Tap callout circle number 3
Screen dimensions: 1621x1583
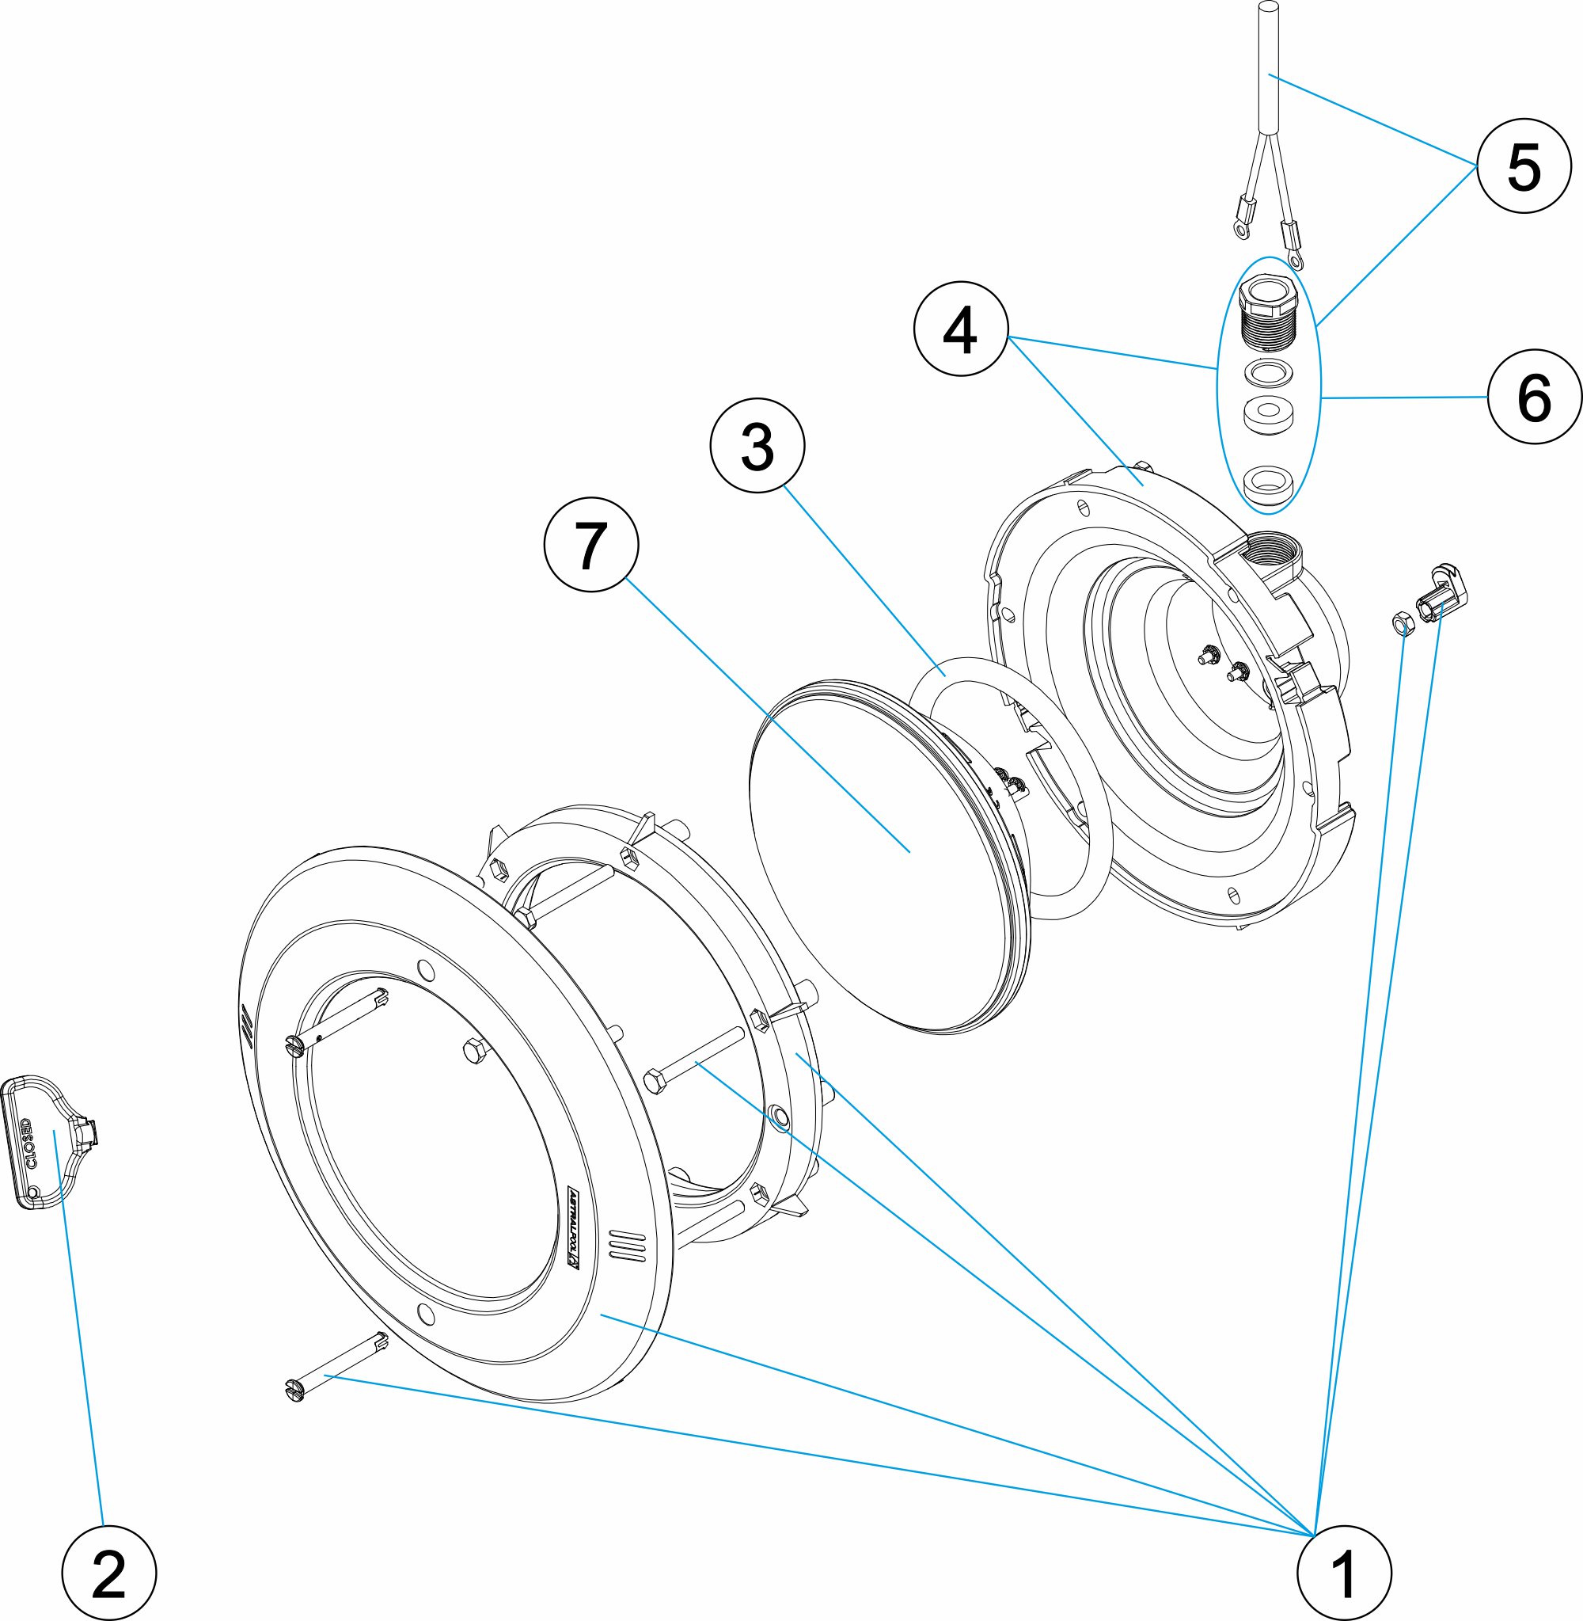(x=757, y=446)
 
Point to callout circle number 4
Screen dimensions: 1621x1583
(x=960, y=329)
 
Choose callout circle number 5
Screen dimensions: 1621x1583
(x=1524, y=166)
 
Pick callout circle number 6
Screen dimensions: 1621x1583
(x=1534, y=397)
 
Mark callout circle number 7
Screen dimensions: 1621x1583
(x=591, y=545)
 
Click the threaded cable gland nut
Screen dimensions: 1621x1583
(x=1268, y=312)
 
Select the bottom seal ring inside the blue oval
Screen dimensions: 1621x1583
(x=1267, y=484)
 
